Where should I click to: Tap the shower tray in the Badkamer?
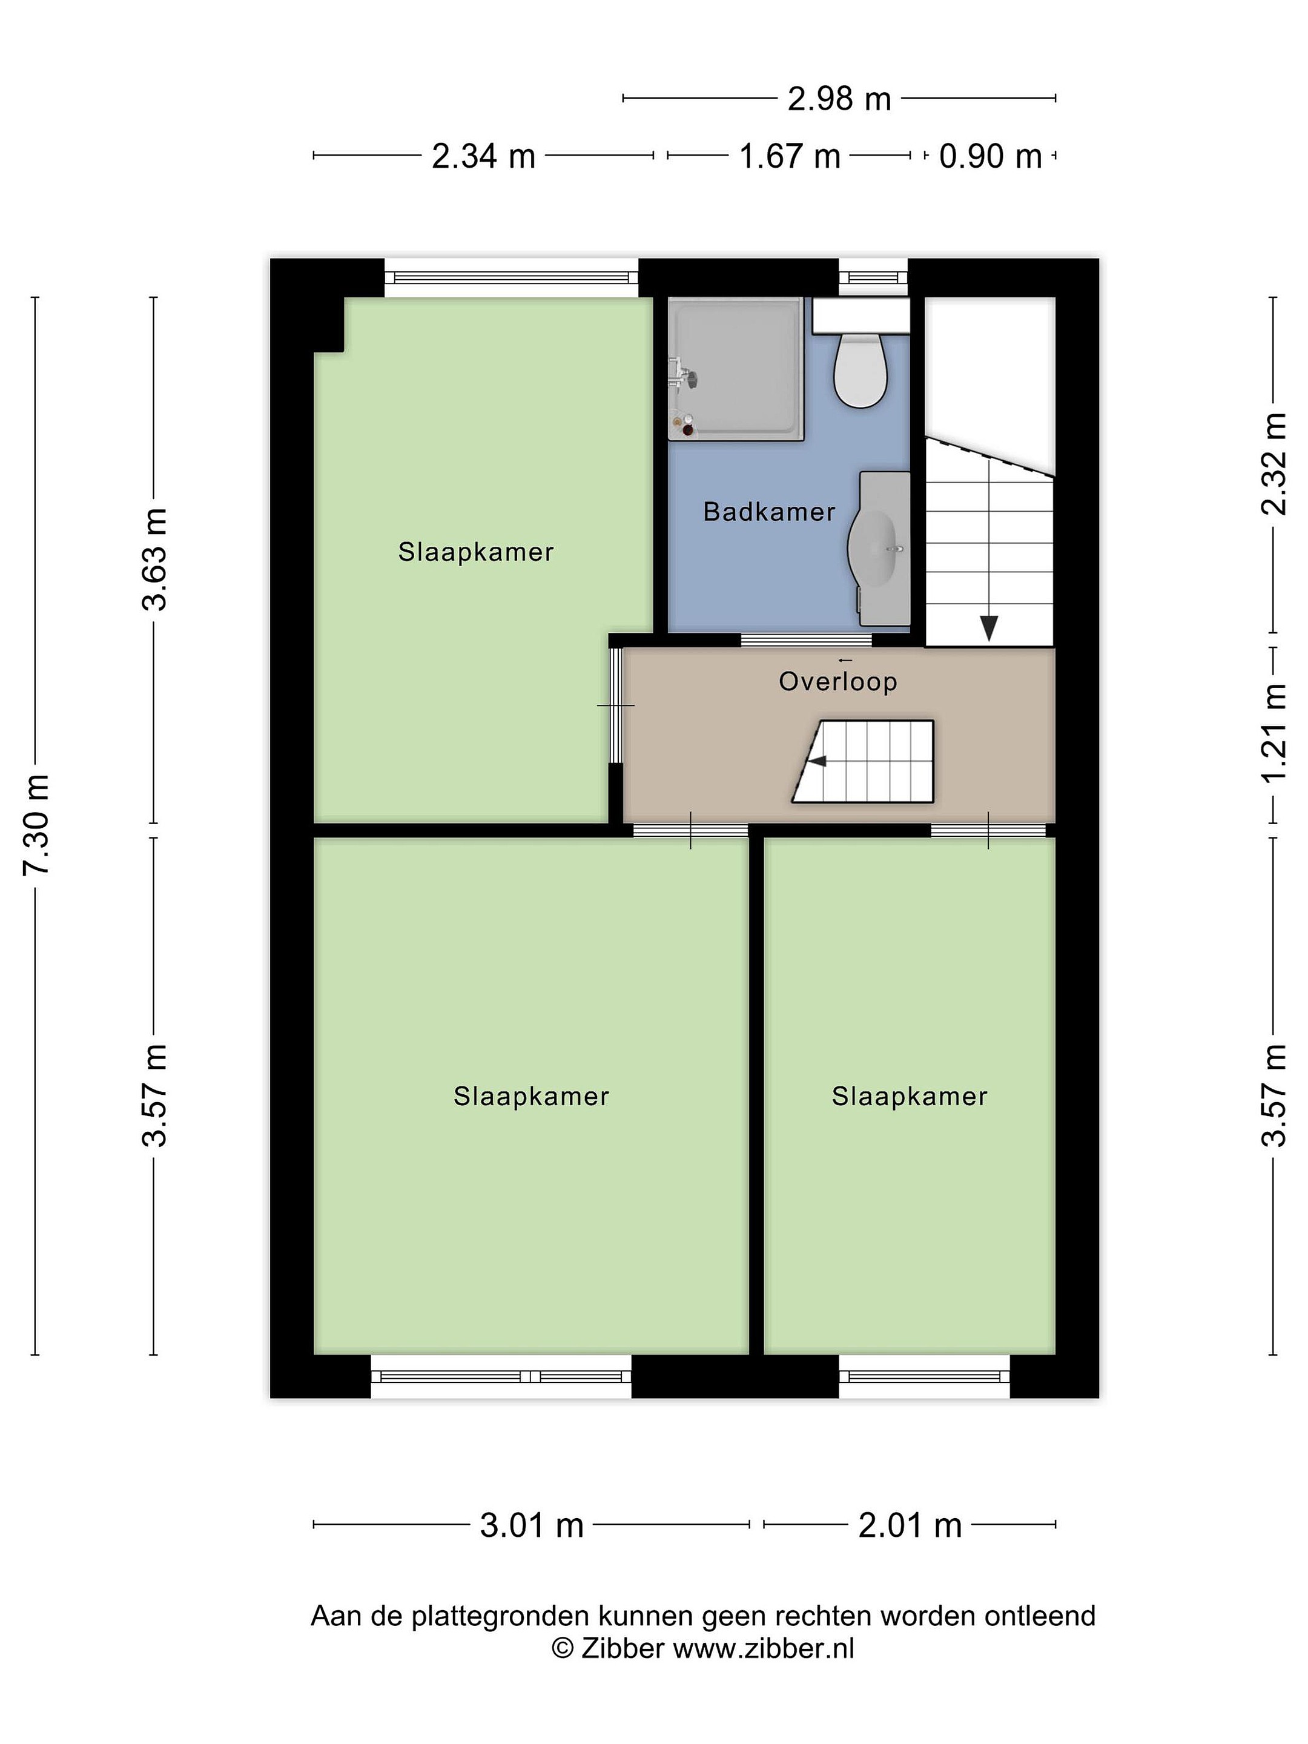(736, 368)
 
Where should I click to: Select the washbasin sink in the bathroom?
(878, 548)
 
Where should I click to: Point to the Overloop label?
(837, 681)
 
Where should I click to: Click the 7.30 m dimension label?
(36, 824)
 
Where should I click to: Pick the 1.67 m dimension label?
(789, 157)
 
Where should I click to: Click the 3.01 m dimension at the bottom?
(532, 1525)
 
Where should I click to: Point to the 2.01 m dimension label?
(910, 1525)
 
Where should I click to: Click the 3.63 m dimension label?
(154, 560)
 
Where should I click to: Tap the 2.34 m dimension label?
(483, 157)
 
